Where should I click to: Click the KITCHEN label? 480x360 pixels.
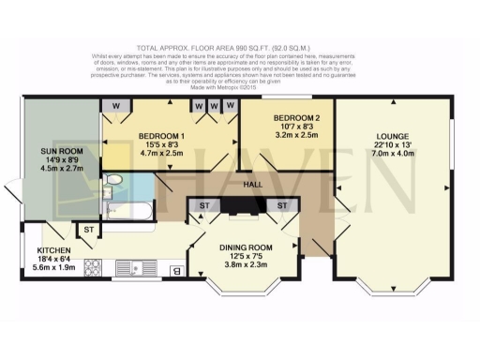tap(53, 250)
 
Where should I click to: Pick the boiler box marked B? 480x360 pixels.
tap(175, 272)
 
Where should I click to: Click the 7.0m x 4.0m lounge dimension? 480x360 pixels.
tap(392, 152)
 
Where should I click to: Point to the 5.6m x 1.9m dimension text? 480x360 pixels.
tap(52, 268)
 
